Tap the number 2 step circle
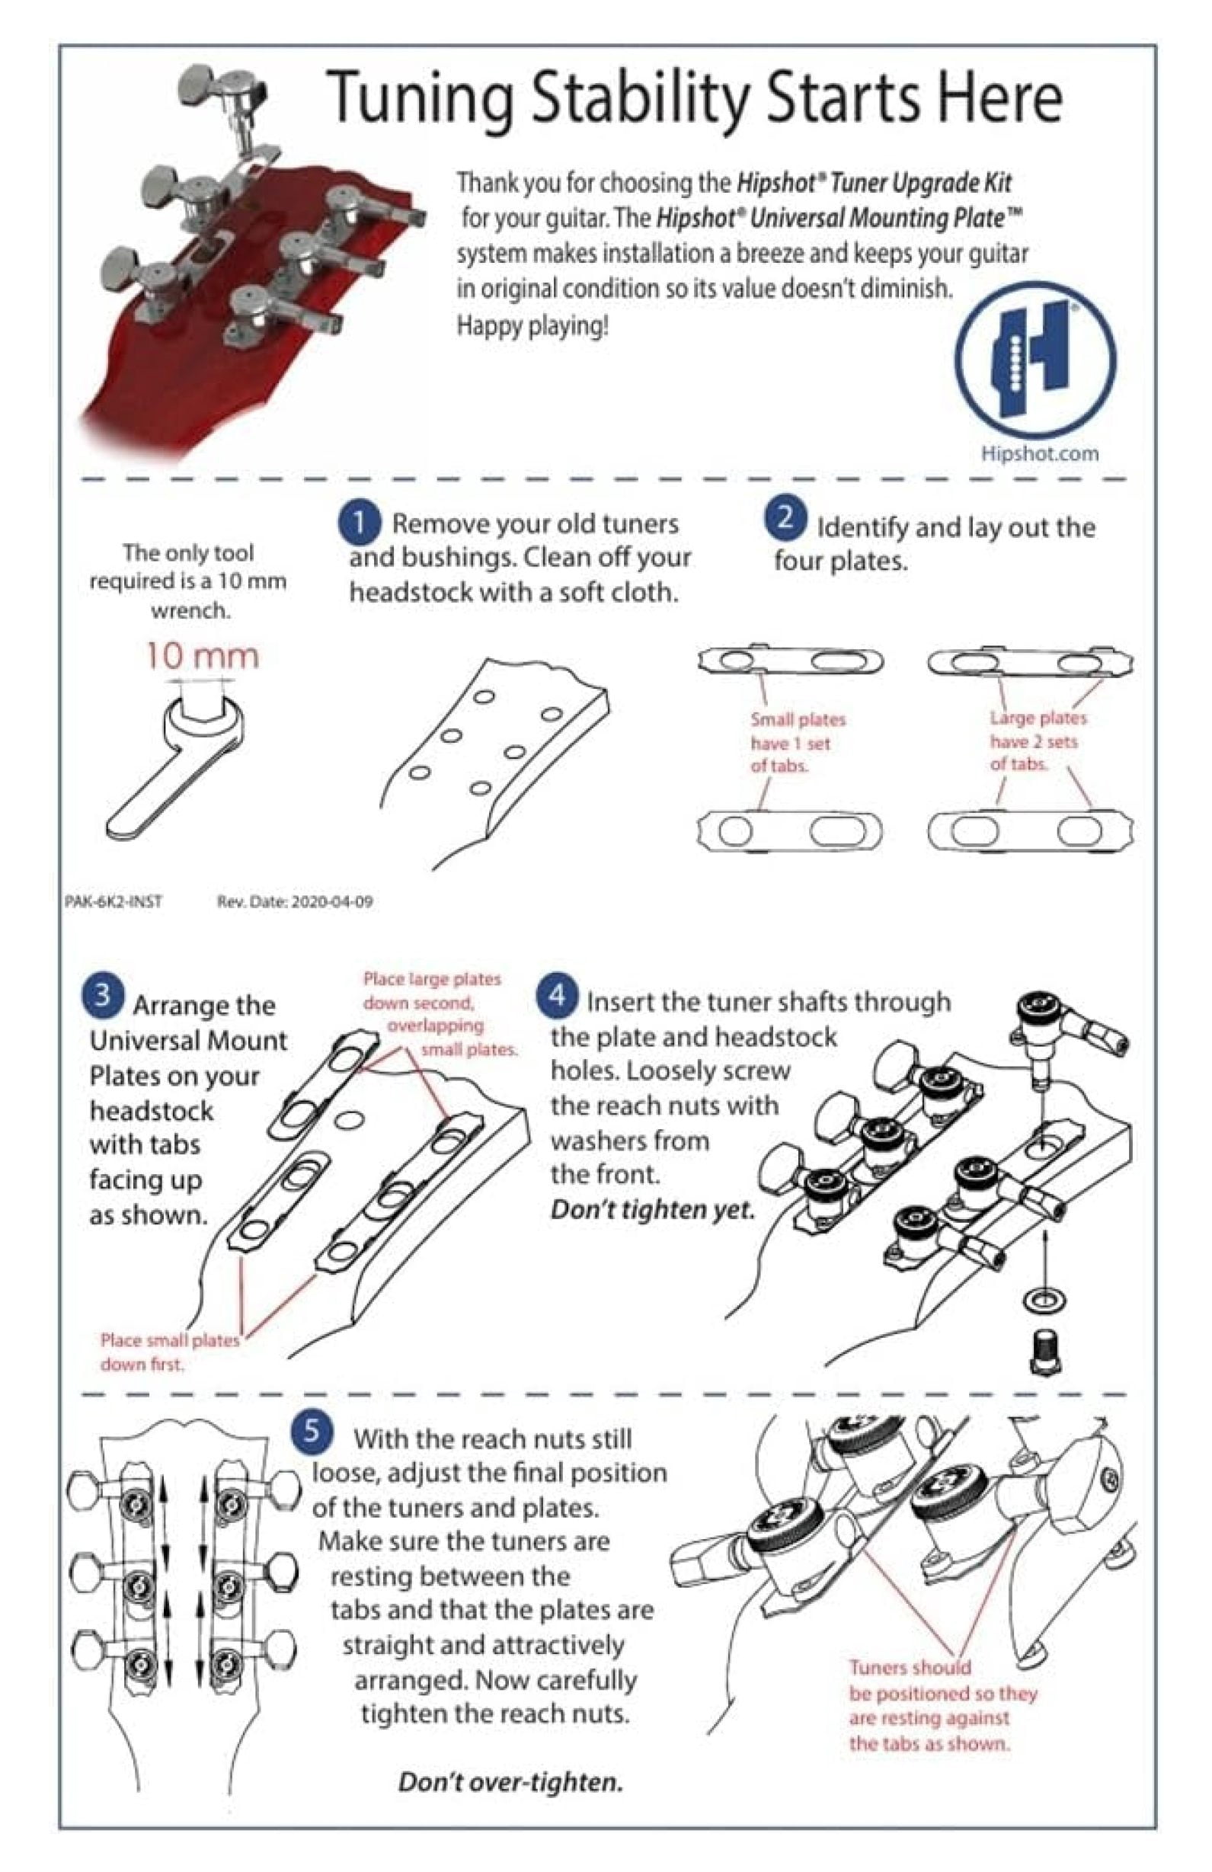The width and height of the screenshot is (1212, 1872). [x=784, y=519]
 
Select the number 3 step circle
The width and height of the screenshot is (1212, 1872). [x=103, y=997]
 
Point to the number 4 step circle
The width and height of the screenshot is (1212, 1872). [x=557, y=996]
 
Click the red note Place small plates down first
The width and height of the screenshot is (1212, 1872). [x=169, y=1352]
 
